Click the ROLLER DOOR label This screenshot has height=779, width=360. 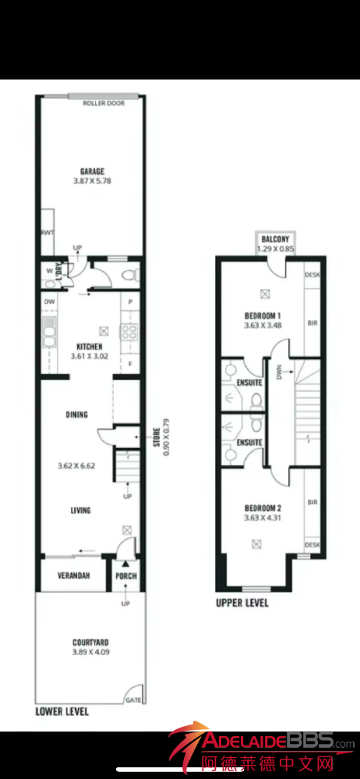(x=104, y=104)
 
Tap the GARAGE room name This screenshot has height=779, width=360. (x=93, y=171)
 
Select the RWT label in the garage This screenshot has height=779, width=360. (x=48, y=231)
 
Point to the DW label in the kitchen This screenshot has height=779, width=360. (x=49, y=301)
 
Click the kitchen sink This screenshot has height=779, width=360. (x=49, y=332)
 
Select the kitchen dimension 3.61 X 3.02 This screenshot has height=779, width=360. (x=90, y=355)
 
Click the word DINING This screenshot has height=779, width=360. (x=76, y=414)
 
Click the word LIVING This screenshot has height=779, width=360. (x=80, y=510)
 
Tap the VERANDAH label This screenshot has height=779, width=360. (x=73, y=576)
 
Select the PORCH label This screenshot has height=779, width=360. (x=125, y=576)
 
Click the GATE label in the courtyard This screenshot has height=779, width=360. (x=134, y=700)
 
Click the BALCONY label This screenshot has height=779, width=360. (x=275, y=239)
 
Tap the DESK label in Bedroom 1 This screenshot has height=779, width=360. (x=312, y=274)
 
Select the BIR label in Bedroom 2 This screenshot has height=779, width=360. (x=312, y=502)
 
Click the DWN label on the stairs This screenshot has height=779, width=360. (x=279, y=371)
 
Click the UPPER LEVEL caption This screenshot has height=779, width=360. (x=242, y=603)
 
